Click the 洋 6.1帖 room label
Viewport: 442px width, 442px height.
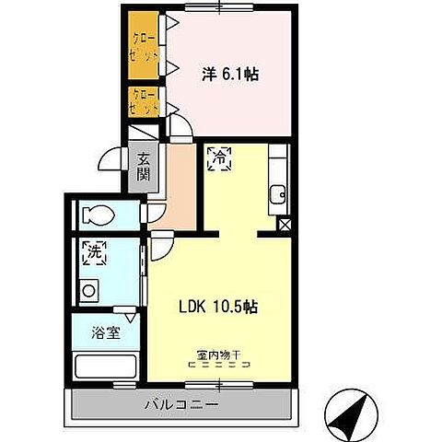(x=229, y=73)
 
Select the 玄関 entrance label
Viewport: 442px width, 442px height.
(x=144, y=167)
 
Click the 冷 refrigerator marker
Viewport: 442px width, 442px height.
(x=219, y=158)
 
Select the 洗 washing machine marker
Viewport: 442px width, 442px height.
(x=92, y=250)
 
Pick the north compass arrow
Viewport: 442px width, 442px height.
(x=349, y=416)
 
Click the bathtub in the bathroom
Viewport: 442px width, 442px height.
(x=105, y=367)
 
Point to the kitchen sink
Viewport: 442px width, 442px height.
(x=277, y=194)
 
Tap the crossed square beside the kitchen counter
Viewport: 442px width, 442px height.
(x=284, y=224)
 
